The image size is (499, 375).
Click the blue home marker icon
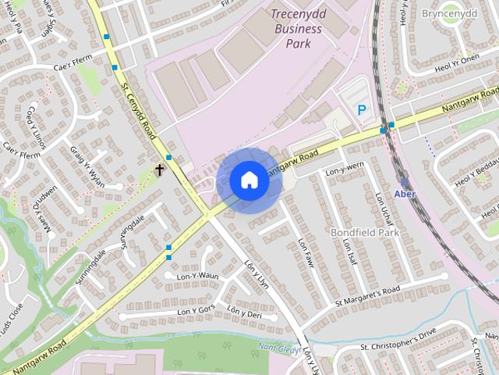[249, 180]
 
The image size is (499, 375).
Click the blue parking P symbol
[361, 111]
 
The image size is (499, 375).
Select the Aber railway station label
[405, 194]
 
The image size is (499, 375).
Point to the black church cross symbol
[160, 169]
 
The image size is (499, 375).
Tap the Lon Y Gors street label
[196, 311]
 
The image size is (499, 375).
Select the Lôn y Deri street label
[244, 312]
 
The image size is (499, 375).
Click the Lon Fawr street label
[304, 249]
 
